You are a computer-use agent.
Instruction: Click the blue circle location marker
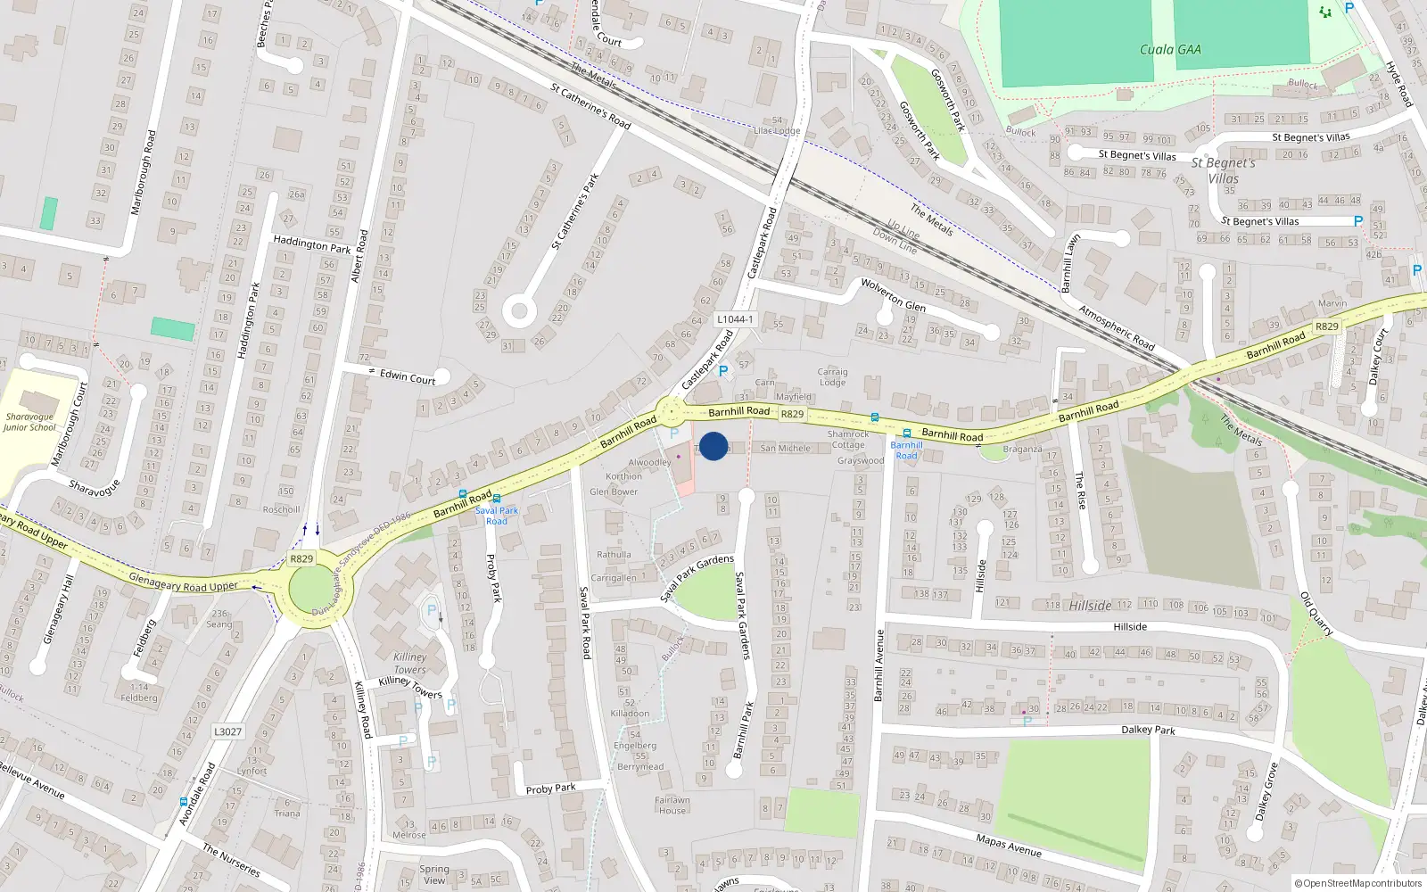(x=713, y=446)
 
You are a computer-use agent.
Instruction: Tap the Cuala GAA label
(x=1170, y=50)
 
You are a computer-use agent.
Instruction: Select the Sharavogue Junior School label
(x=29, y=422)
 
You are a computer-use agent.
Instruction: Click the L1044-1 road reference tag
(x=735, y=319)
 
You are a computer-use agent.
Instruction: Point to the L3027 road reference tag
(x=227, y=731)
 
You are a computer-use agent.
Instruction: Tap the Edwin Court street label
(x=408, y=377)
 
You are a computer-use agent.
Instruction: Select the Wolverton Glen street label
(x=893, y=294)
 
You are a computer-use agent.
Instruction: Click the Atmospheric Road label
(x=1116, y=327)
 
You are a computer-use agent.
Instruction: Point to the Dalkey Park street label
(x=1148, y=730)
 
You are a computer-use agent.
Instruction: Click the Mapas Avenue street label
(x=1008, y=844)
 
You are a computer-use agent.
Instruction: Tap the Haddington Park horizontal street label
(x=312, y=244)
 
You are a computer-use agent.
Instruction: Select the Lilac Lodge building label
(x=777, y=130)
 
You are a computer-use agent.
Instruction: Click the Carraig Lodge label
(x=832, y=376)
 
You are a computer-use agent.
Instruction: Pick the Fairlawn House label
(x=672, y=805)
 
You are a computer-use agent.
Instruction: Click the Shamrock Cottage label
(x=848, y=439)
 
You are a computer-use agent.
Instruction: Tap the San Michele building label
(x=785, y=448)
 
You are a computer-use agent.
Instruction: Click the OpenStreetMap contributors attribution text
(x=1357, y=883)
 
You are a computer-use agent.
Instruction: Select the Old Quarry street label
(x=1316, y=614)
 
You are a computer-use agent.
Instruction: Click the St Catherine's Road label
(x=590, y=106)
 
